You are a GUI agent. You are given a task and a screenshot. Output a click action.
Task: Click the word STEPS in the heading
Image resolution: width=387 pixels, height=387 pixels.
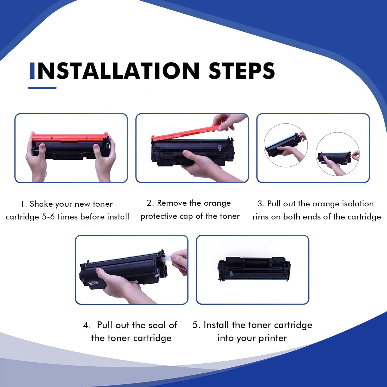tap(242, 70)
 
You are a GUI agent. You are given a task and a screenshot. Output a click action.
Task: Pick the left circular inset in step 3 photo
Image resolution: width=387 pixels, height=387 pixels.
tap(286, 145)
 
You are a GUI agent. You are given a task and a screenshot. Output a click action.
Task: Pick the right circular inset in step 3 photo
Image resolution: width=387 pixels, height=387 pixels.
tap(337, 154)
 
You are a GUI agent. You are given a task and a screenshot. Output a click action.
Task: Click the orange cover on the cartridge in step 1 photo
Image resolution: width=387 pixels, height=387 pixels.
tap(70, 137)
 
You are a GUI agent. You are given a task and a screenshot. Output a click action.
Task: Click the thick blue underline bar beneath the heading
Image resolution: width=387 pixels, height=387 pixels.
tap(42, 88)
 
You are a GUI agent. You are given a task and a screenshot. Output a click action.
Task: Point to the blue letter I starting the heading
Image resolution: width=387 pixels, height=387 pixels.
tap(32, 70)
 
